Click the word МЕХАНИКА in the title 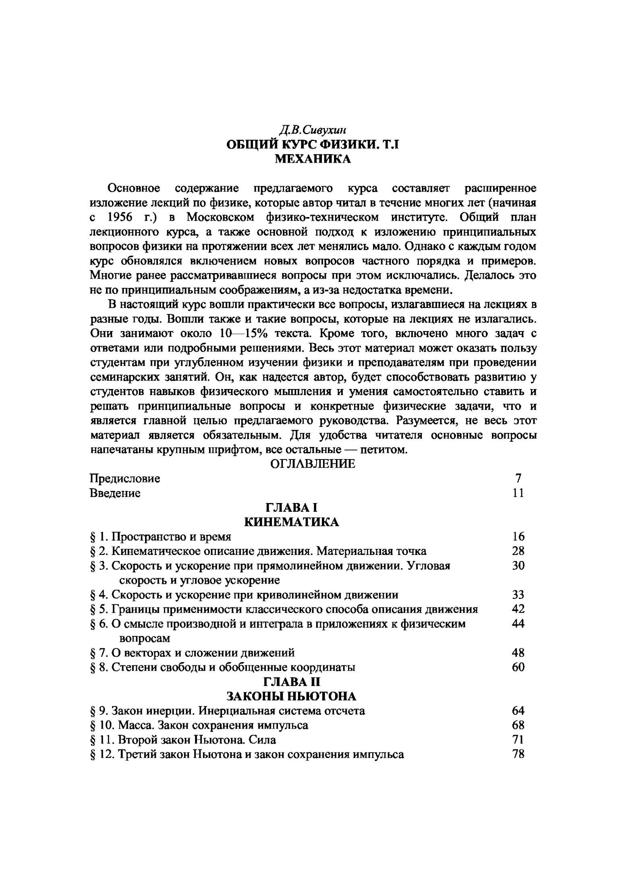(x=313, y=159)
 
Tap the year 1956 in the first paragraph (x=120, y=217)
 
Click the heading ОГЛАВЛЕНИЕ (x=313, y=464)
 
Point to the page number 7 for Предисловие (x=518, y=478)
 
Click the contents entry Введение (x=115, y=493)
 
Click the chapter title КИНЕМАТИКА (x=292, y=522)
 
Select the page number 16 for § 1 (x=518, y=536)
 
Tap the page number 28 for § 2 (x=518, y=551)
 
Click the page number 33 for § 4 (x=518, y=595)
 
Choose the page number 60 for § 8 (x=518, y=667)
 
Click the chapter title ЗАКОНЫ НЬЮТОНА (x=291, y=696)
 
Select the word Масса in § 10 (x=136, y=725)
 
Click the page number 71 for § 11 (x=518, y=740)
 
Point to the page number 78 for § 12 (x=518, y=754)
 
